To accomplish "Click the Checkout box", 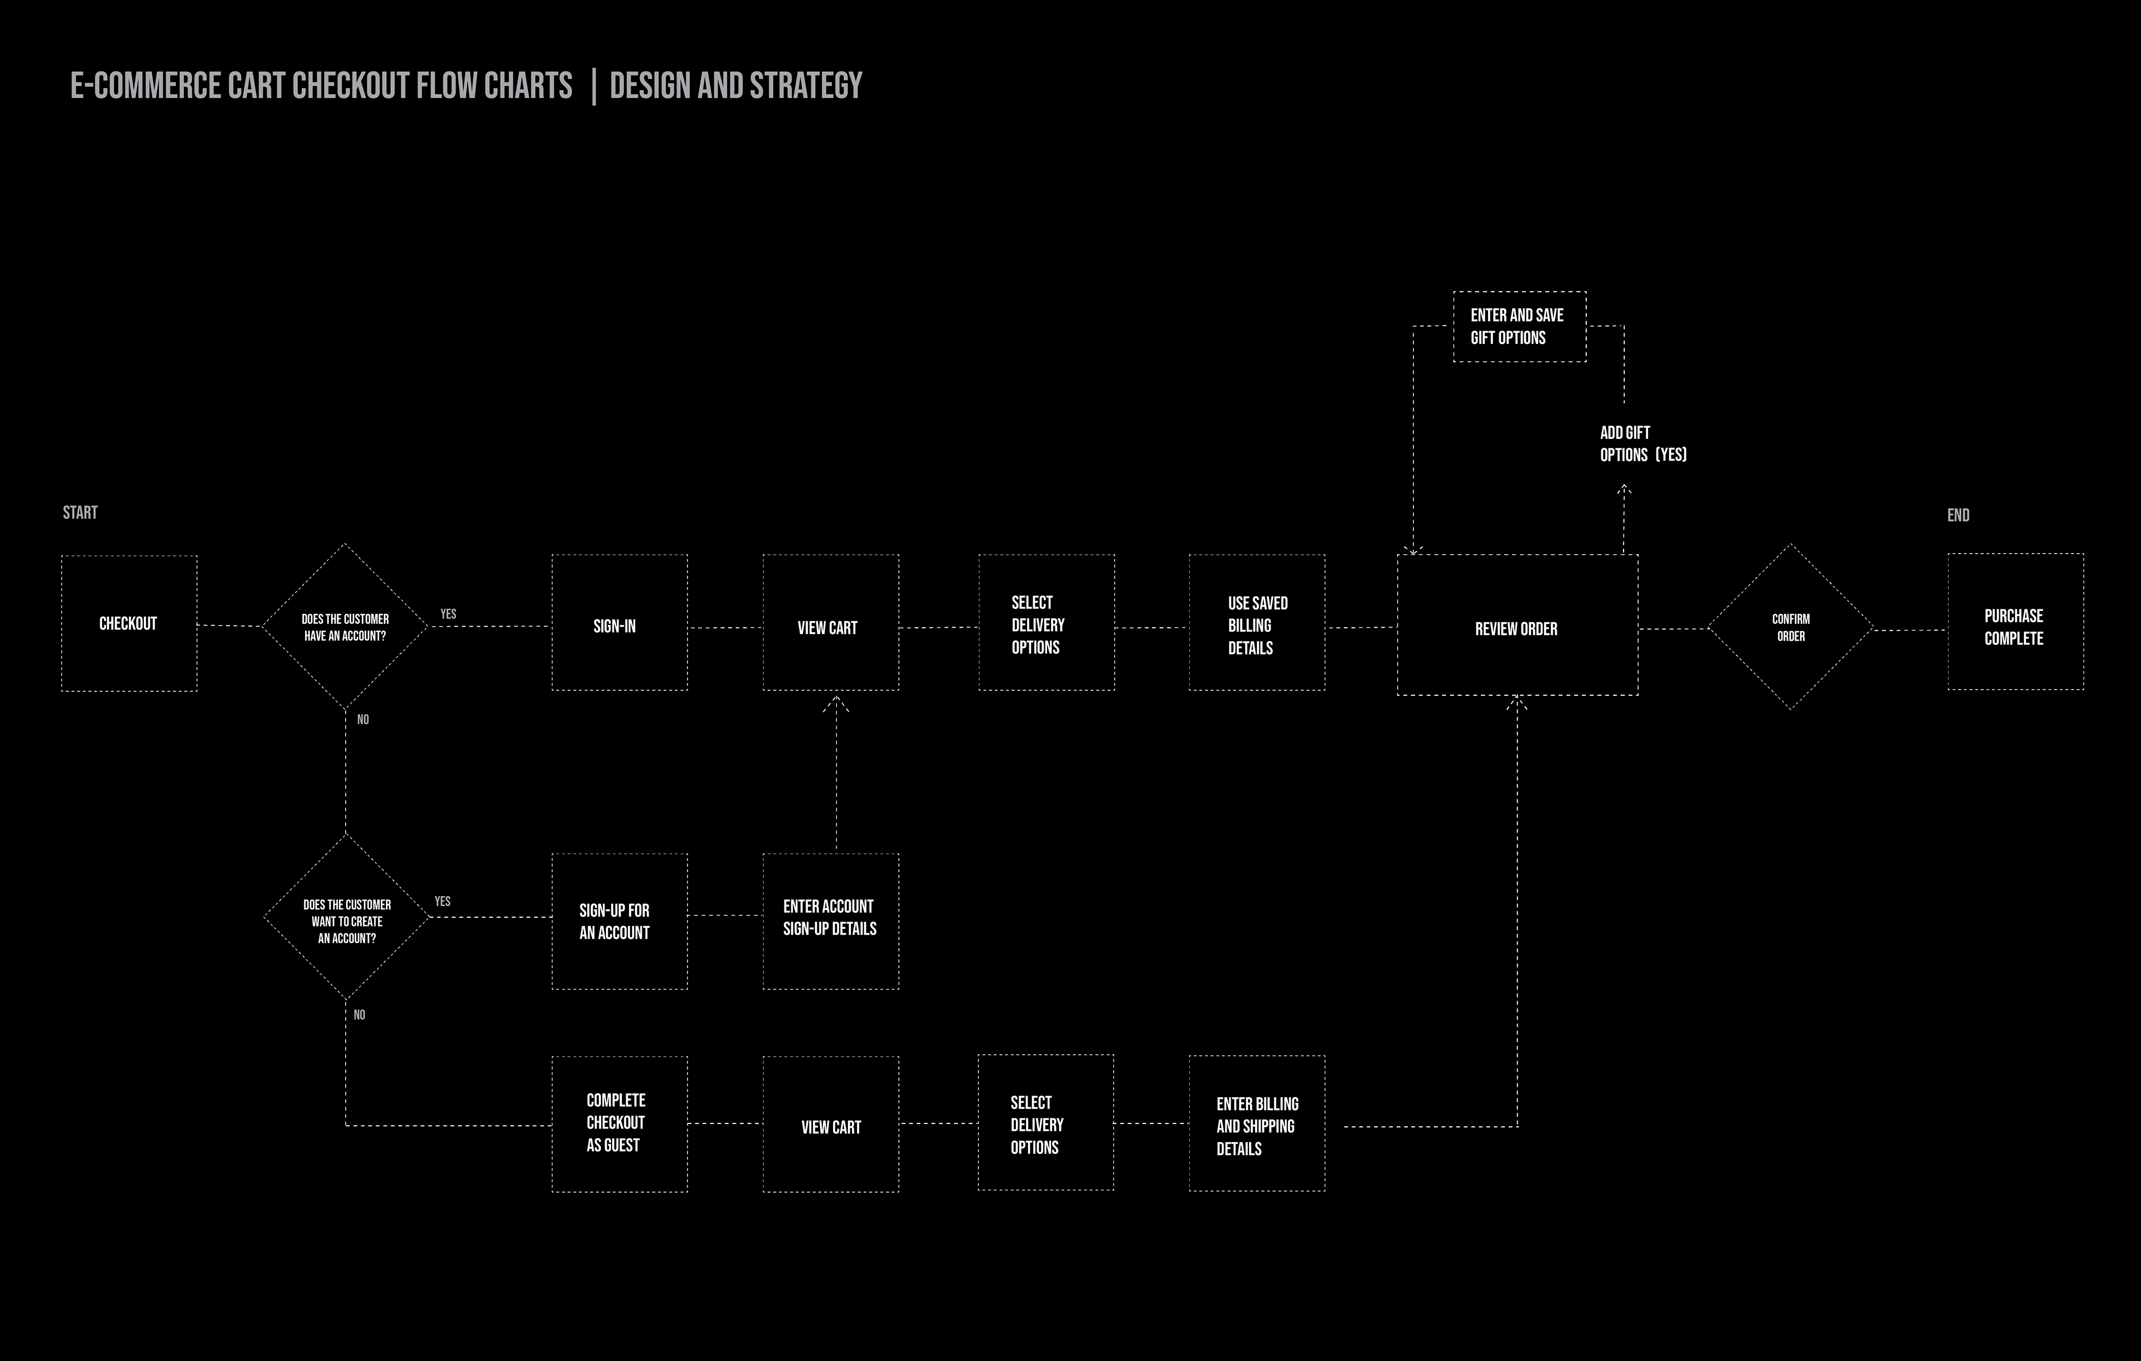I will [129, 623].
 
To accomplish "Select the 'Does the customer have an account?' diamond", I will [345, 627].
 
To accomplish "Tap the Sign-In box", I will [619, 623].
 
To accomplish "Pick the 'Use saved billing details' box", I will [1256, 623].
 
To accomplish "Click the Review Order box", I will [1517, 626].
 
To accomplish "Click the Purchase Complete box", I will [2015, 622].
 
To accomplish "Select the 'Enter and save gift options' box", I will [1519, 326].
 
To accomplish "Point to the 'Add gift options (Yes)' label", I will [1641, 444].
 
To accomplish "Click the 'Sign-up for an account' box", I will [619, 922].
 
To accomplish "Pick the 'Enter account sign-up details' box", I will [830, 922].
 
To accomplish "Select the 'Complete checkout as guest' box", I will [619, 1123].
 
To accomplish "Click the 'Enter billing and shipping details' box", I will [1256, 1123].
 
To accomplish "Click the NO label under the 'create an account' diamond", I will [359, 1014].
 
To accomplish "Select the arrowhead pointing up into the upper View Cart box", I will [836, 704].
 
